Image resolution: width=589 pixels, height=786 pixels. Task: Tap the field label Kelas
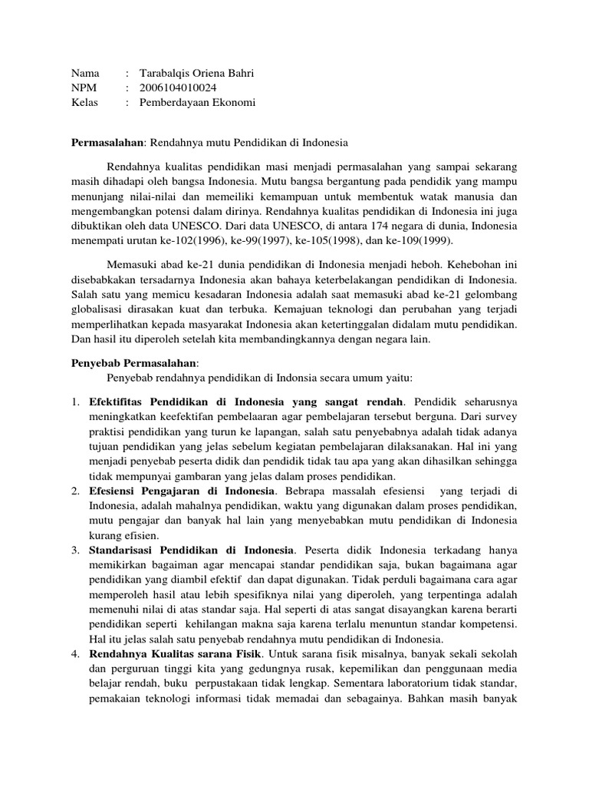click(84, 102)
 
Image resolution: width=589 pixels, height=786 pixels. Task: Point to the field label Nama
click(85, 73)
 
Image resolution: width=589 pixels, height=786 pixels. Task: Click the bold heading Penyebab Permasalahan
click(134, 362)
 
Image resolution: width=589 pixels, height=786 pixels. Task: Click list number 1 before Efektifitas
click(75, 401)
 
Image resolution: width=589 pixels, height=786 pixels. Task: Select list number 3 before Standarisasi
click(75, 550)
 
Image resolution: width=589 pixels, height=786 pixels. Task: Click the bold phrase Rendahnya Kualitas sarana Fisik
click(176, 655)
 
